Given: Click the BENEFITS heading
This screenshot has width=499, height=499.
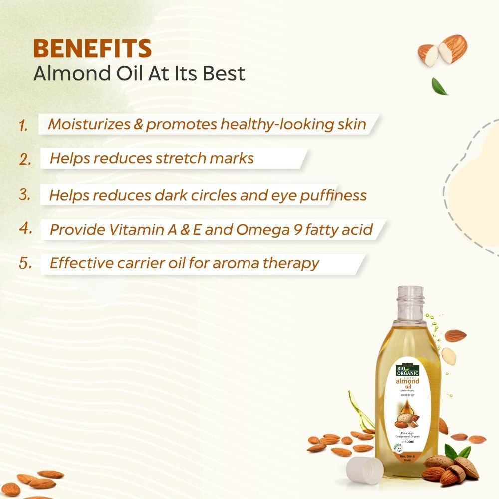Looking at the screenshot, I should [x=92, y=48].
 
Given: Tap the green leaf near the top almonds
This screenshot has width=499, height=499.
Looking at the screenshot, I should [x=440, y=86].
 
